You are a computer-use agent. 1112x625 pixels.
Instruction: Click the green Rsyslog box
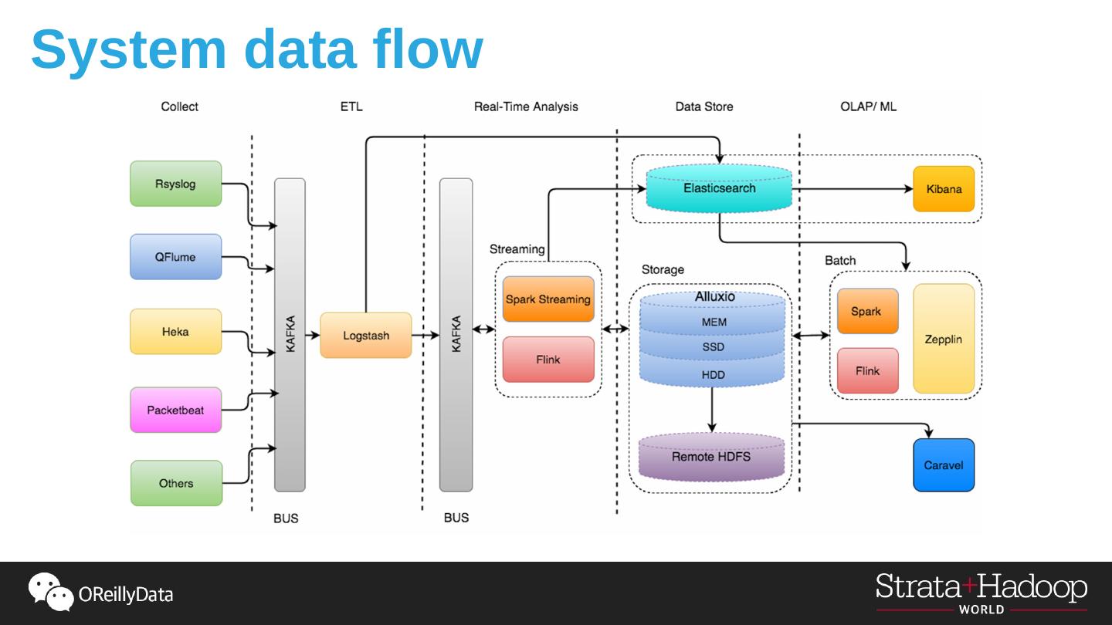175,184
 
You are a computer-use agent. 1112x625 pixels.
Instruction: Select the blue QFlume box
175,257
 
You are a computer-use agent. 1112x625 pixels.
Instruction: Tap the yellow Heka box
175,332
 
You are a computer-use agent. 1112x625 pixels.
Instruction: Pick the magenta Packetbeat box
175,410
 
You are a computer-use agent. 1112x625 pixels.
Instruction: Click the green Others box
176,483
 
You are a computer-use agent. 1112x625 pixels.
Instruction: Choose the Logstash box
366,336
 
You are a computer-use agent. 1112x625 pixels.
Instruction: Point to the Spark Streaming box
548,299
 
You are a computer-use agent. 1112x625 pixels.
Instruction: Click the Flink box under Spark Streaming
548,360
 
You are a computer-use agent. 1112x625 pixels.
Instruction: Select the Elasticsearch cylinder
719,188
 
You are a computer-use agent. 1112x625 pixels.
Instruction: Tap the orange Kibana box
944,188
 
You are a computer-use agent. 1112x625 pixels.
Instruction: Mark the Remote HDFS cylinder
711,457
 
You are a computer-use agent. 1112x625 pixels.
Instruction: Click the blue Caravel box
944,465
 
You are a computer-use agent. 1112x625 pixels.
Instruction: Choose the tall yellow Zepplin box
944,339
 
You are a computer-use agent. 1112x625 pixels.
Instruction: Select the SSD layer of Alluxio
713,347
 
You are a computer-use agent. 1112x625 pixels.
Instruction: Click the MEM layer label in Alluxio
714,322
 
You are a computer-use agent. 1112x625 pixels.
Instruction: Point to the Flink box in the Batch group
867,371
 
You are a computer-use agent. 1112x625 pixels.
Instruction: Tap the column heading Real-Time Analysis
526,106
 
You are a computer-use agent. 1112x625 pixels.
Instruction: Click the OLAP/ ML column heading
868,106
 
